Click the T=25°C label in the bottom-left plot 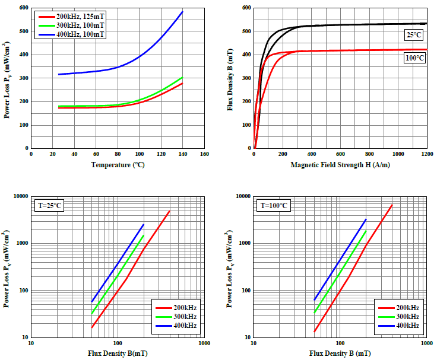pyautogui.click(x=49, y=206)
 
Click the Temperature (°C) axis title pyautogui.click(x=118, y=164)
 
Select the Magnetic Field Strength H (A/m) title pyautogui.click(x=340, y=164)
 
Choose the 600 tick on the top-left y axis pyautogui.click(x=23, y=8)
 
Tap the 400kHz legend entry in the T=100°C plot pyautogui.click(x=406, y=326)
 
